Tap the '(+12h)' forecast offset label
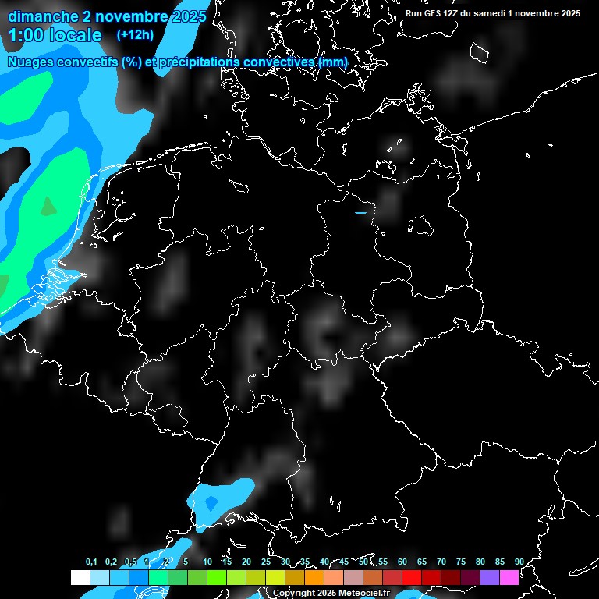135,34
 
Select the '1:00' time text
27,35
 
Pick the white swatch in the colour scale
80,577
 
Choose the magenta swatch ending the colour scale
509,577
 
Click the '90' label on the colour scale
519,562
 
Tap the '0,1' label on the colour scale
91,562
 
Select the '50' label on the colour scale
363,562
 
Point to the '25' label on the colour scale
265,562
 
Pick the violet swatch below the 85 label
490,577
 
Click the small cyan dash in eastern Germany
360,212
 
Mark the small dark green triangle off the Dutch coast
48,206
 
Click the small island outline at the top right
480,53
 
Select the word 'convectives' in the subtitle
285,62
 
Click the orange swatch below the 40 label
314,577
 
